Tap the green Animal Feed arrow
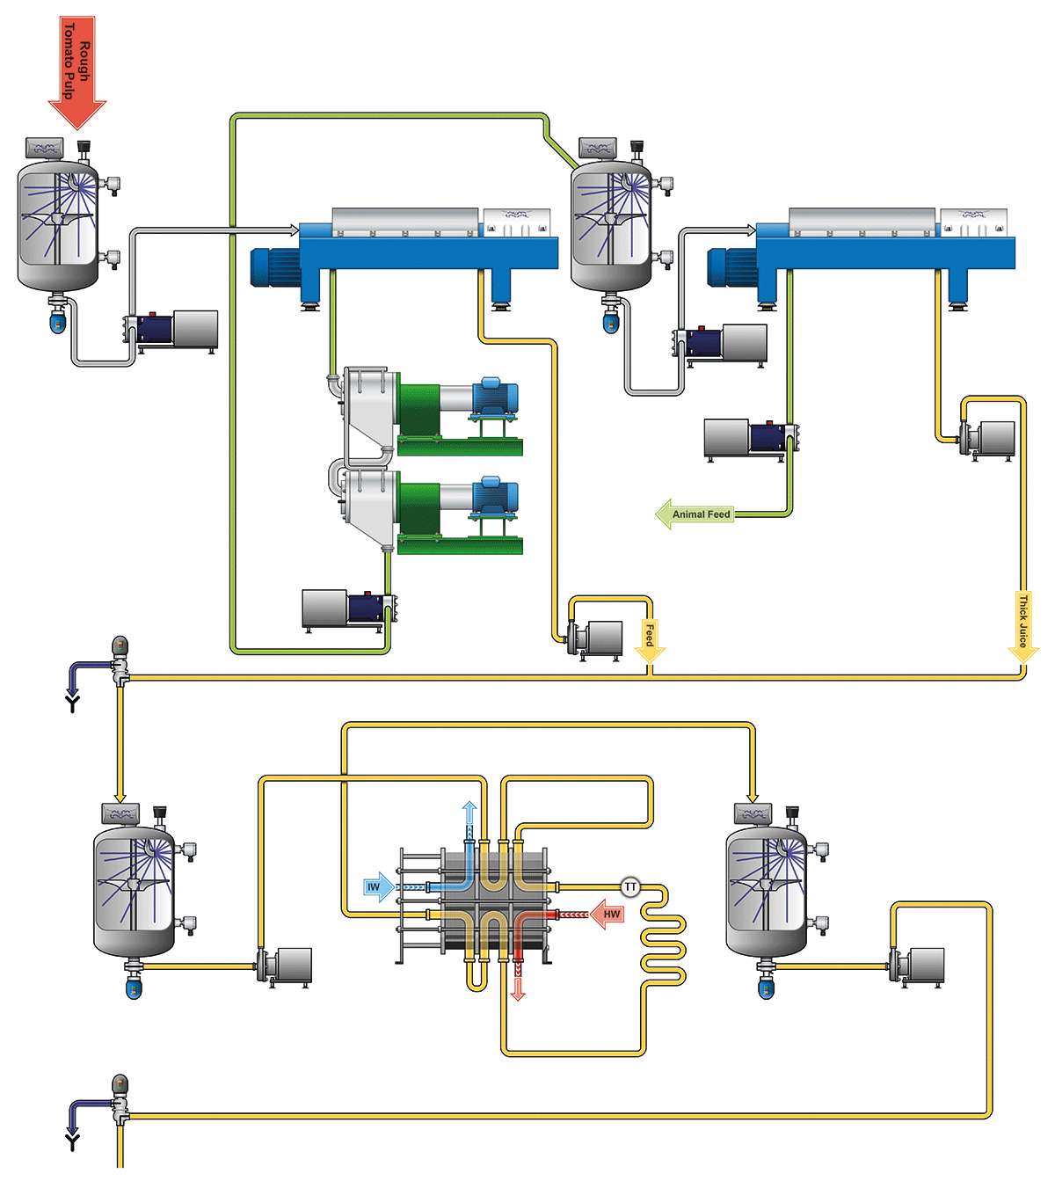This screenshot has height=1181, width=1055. point(695,514)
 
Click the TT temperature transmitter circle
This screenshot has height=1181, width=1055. point(630,887)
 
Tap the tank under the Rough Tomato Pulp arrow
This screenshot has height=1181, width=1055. point(58,224)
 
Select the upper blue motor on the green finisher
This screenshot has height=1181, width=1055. point(495,397)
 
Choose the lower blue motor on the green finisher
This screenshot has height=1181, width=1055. point(495,496)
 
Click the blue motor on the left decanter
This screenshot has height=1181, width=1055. point(273,266)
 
